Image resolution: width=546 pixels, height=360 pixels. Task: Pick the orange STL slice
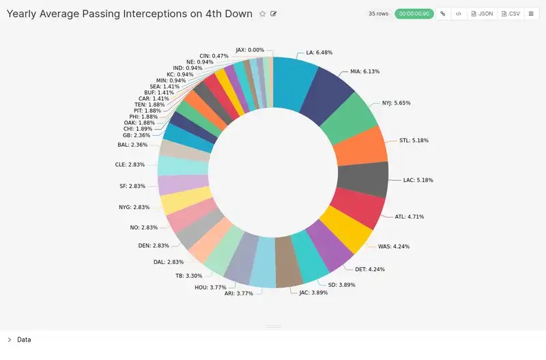coord(362,147)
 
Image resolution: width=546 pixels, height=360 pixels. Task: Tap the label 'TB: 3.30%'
coord(188,276)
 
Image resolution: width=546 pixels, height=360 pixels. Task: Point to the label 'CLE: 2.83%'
coord(130,165)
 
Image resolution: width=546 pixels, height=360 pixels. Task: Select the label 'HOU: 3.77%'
coord(210,288)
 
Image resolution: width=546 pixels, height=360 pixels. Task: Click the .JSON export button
coord(482,14)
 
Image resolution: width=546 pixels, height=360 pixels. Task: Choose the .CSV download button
coord(511,14)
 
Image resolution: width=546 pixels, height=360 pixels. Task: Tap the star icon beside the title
coord(262,14)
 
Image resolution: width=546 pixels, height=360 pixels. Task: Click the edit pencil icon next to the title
coord(274,14)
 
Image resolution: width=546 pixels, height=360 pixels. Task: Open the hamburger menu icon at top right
coord(530,14)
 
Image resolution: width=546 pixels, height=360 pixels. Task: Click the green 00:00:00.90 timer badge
coord(414,14)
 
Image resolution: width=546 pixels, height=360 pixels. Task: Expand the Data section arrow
coord(9,340)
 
